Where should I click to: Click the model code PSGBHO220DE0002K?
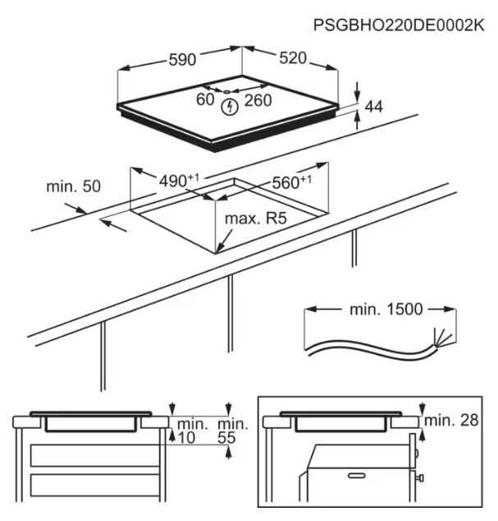(x=399, y=25)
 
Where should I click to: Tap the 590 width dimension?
(x=181, y=59)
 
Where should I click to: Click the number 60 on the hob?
(x=205, y=100)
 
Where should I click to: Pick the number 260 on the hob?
(x=258, y=100)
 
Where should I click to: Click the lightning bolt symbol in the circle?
(x=231, y=105)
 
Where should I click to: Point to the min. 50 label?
(x=73, y=187)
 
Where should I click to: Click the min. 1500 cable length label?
(x=384, y=310)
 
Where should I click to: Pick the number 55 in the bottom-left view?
(x=227, y=438)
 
